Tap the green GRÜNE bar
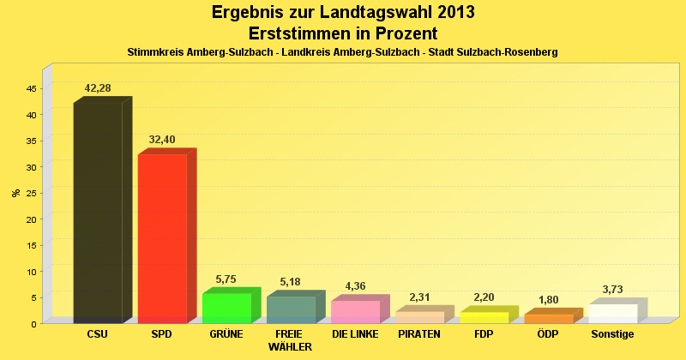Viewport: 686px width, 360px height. (x=226, y=308)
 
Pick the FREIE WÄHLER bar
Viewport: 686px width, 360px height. (x=291, y=309)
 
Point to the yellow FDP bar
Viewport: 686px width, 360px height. (x=484, y=317)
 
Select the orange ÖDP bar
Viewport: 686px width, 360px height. (x=548, y=318)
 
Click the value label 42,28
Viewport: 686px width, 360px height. (x=98, y=88)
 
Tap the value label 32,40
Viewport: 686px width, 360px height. (x=162, y=140)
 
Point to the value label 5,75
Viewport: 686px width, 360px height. (x=226, y=279)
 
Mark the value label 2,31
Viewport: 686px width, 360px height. (x=419, y=297)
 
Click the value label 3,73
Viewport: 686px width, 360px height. (x=612, y=290)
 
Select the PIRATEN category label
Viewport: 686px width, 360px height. (x=419, y=334)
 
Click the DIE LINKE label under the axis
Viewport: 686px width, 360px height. (x=355, y=334)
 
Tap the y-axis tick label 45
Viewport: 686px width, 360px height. (x=31, y=88)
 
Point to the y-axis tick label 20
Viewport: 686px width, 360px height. (x=31, y=219)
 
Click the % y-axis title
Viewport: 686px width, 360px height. (x=15, y=192)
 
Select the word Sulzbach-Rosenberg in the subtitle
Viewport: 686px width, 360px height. (x=511, y=52)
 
